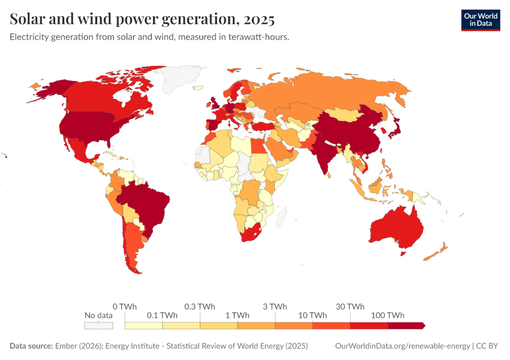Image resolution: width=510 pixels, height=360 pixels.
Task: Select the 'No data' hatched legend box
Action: (98, 325)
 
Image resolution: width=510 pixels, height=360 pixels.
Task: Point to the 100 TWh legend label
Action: (388, 315)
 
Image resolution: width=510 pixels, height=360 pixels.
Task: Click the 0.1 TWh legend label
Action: (162, 315)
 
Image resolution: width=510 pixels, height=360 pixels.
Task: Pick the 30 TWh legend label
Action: (350, 306)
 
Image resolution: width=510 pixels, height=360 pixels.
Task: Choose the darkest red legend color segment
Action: (406, 325)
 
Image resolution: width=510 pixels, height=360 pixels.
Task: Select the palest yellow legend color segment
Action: (143, 325)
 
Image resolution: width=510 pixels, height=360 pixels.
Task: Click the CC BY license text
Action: (488, 346)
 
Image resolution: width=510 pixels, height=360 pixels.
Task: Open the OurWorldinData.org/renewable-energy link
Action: (402, 346)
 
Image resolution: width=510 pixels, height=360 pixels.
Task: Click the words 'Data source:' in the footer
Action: (31, 346)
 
